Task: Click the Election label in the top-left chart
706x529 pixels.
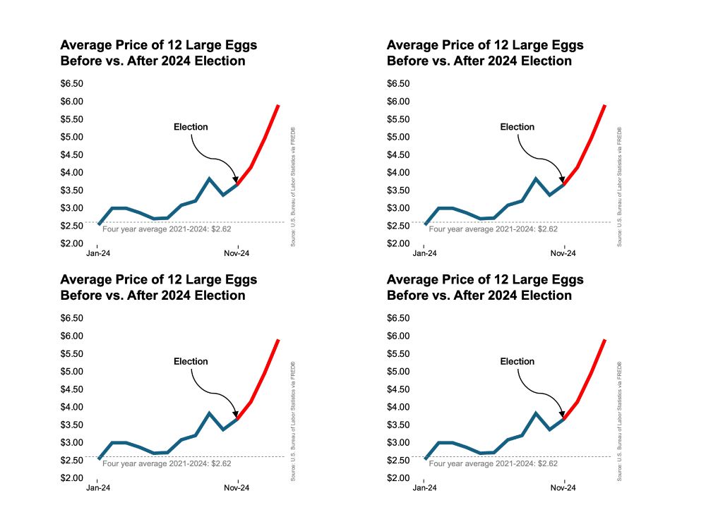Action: pos(191,127)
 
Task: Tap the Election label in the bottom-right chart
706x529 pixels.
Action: pos(517,361)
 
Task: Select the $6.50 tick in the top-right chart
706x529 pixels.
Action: pos(400,83)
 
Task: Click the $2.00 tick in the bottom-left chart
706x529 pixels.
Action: pos(73,478)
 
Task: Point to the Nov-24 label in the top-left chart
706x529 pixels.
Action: pos(237,253)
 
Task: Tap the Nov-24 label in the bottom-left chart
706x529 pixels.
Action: pos(237,487)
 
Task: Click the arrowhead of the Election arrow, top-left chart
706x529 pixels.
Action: pos(236,181)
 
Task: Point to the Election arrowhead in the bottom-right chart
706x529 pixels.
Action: pos(562,415)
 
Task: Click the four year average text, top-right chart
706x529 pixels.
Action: pos(493,229)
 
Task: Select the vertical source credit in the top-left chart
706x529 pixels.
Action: pos(292,187)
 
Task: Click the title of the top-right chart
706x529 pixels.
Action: pos(485,53)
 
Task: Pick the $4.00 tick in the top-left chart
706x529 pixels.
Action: pos(73,172)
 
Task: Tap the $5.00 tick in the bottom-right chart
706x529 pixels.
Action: pos(400,371)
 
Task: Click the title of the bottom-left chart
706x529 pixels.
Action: pos(159,287)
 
